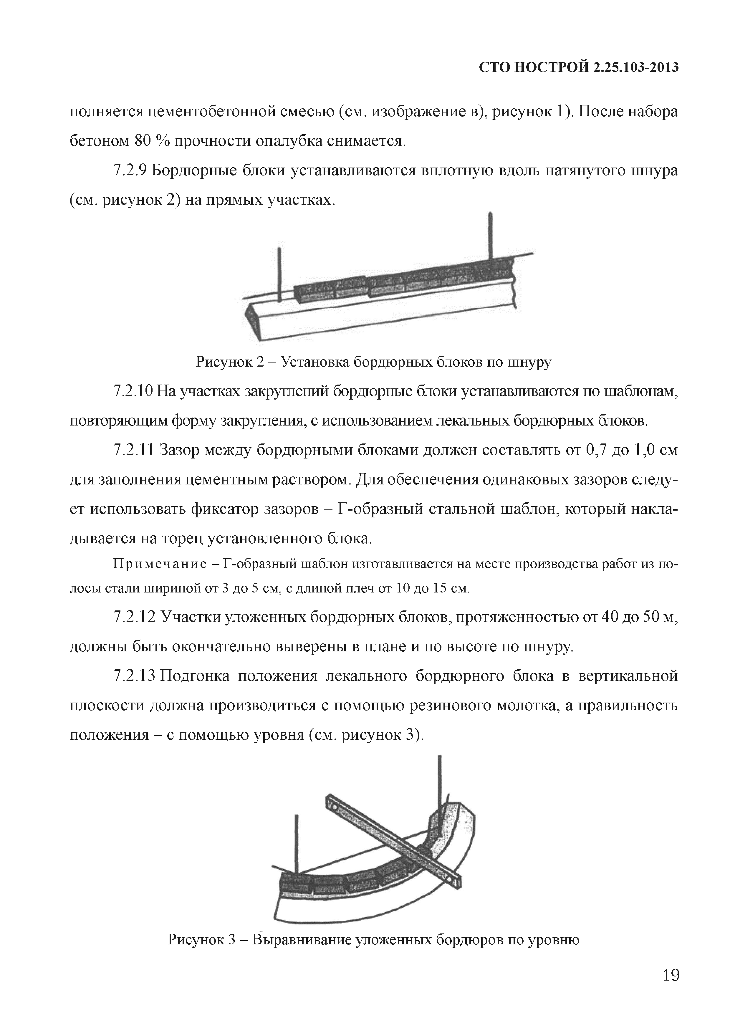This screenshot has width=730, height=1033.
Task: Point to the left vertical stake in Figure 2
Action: pos(280,274)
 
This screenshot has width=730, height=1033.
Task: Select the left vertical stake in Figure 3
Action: pos(296,841)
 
